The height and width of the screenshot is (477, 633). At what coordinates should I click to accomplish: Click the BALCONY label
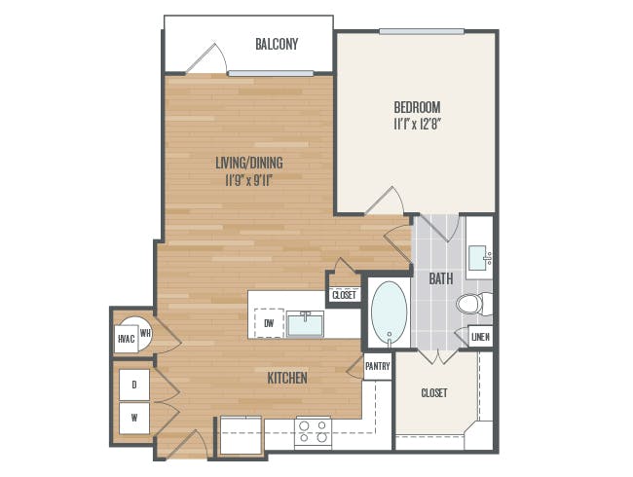tap(277, 44)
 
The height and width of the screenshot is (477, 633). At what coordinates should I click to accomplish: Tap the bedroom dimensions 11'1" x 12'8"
tap(417, 125)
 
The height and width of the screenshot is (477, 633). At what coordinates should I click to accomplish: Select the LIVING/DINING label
tap(249, 163)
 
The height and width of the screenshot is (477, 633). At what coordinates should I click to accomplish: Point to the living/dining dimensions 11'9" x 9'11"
tap(249, 180)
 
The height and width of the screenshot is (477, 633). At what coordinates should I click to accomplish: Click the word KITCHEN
tap(287, 378)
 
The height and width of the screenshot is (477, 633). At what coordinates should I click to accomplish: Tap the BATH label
tap(441, 278)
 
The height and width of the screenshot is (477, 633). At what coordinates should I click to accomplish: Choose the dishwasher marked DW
tap(269, 323)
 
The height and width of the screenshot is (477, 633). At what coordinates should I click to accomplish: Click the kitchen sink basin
tap(305, 324)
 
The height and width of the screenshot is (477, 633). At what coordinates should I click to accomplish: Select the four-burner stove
tap(313, 433)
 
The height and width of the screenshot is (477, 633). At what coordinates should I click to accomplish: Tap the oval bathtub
tap(390, 312)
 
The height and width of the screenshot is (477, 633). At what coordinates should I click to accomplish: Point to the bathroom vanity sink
tap(479, 259)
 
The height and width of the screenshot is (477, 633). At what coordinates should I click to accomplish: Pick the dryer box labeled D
tap(134, 385)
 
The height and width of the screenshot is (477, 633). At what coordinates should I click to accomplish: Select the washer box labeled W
tap(134, 418)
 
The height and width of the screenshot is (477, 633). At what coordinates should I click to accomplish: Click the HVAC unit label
tap(127, 339)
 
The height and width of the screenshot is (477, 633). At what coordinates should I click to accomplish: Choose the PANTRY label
tap(378, 366)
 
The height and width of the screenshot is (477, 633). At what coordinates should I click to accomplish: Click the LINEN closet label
tap(480, 337)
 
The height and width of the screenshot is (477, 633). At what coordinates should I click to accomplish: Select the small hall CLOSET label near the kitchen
tap(345, 295)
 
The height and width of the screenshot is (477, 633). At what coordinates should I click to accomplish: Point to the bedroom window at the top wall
tap(422, 31)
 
